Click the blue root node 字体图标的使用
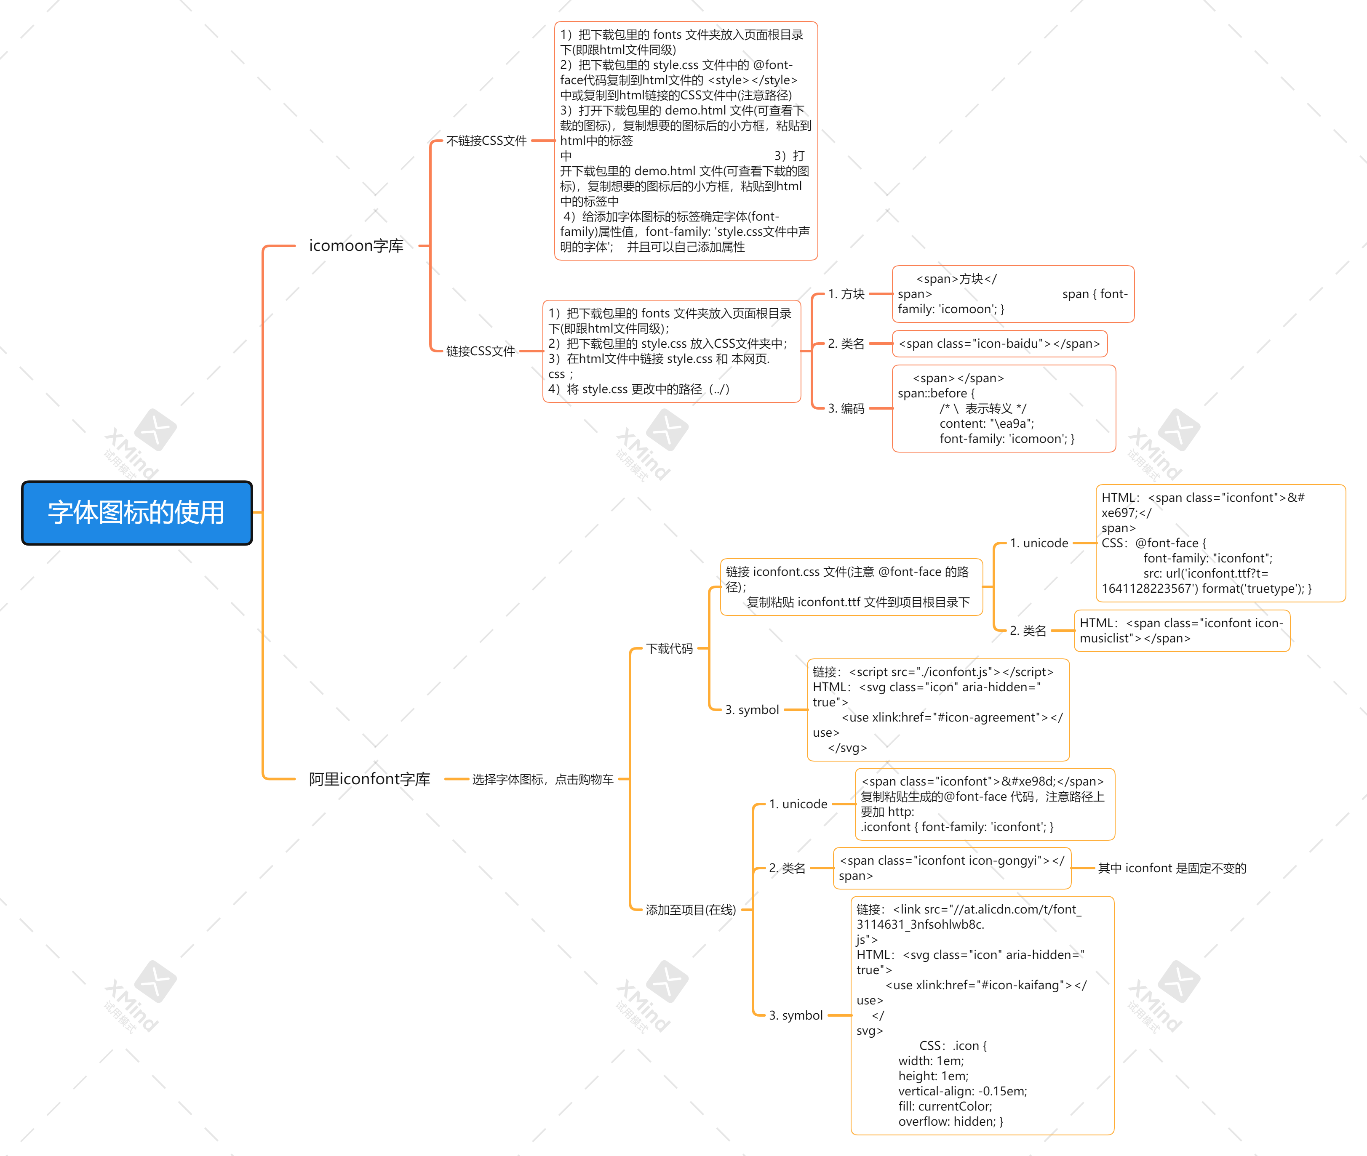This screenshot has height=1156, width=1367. (x=136, y=512)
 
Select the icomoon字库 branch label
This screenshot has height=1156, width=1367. (x=356, y=246)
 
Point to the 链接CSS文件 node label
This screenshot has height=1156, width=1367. (x=481, y=351)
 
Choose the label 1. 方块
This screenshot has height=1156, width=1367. (x=846, y=294)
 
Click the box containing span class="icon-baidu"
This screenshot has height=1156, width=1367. (x=999, y=344)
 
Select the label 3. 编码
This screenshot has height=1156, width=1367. (x=846, y=408)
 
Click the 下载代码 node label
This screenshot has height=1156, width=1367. (x=670, y=649)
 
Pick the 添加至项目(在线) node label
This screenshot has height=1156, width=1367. (x=690, y=910)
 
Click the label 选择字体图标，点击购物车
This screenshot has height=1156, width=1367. (x=543, y=779)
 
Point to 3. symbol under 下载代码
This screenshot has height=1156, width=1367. (x=752, y=710)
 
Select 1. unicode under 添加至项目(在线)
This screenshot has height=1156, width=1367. (x=798, y=804)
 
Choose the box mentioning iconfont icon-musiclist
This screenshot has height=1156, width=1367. (x=1181, y=631)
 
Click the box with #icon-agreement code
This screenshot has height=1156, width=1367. (x=937, y=710)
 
